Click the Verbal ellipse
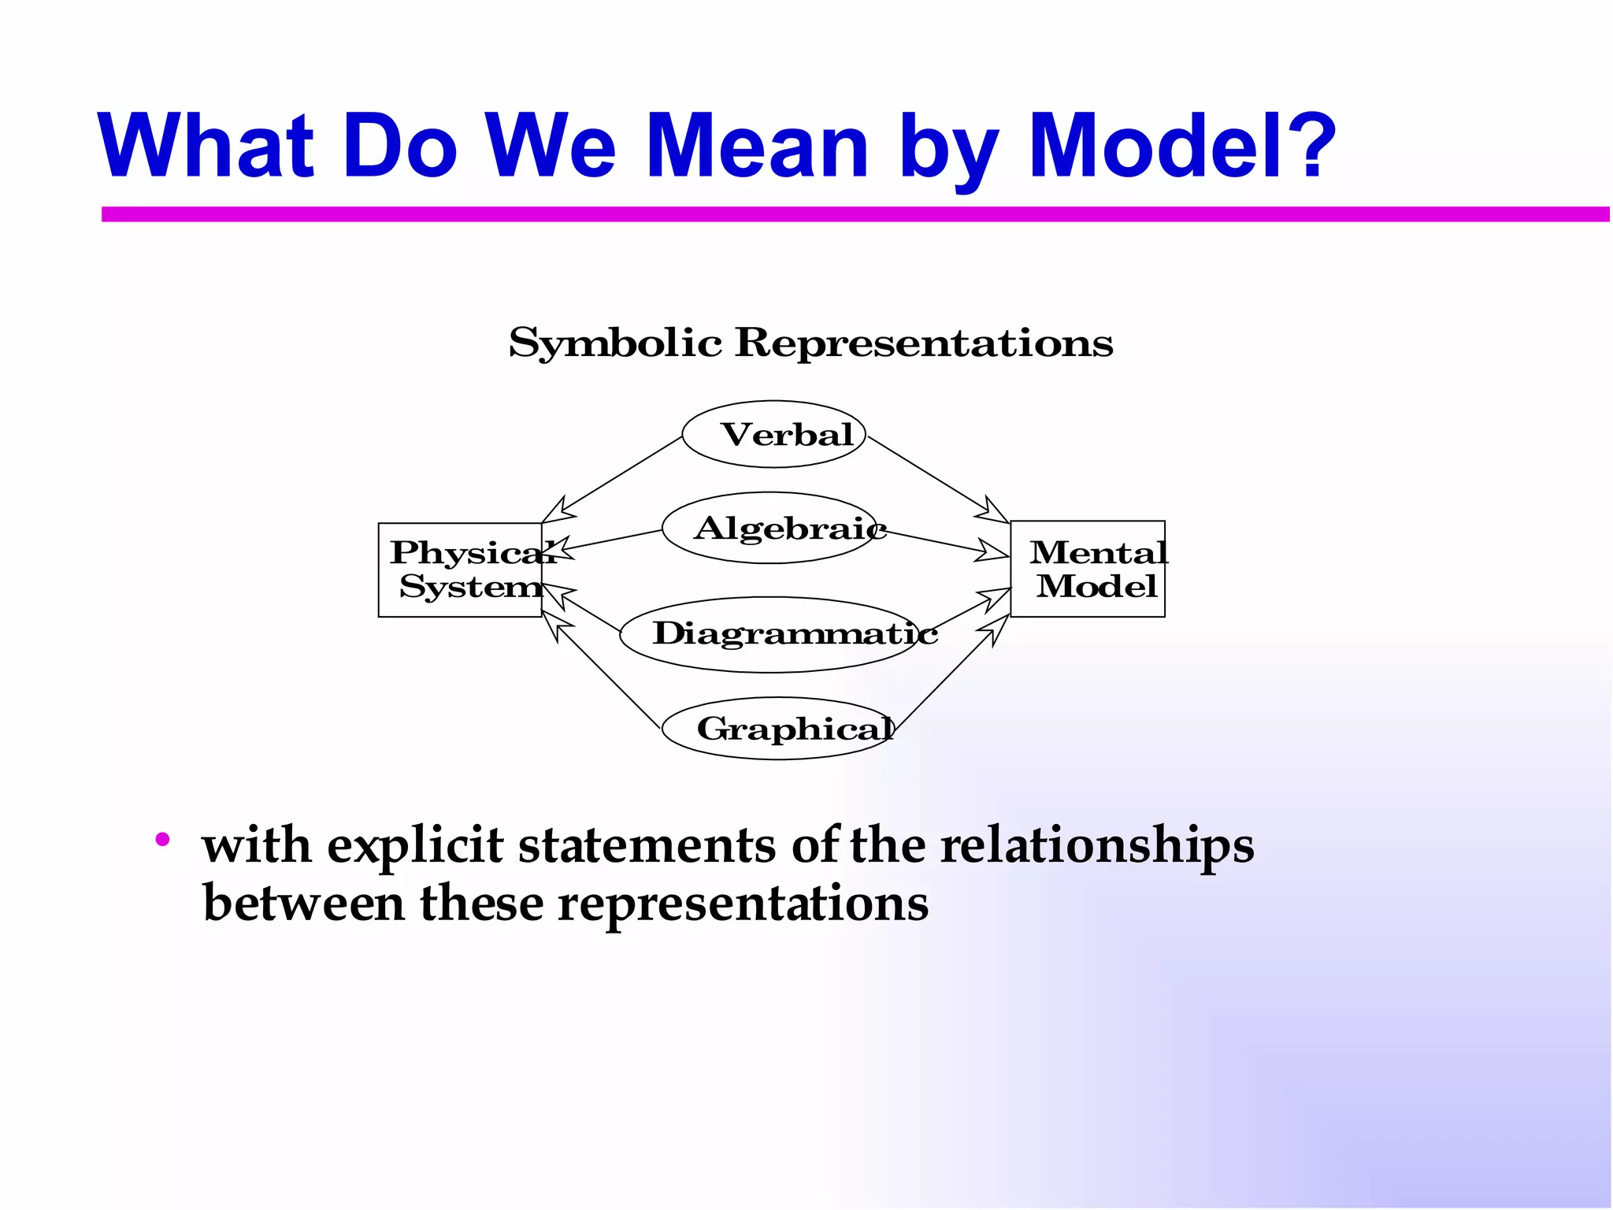[773, 434]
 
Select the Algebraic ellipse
[770, 528]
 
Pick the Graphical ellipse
[778, 729]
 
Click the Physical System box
[460, 570]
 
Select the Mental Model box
[1088, 569]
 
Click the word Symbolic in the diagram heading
[615, 343]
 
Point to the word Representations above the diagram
[924, 343]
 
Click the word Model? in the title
[1181, 146]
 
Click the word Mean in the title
[757, 146]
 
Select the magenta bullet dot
[163, 840]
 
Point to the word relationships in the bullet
[1096, 845]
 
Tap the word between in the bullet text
[303, 903]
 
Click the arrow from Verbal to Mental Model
[937, 479]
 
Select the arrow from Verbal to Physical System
[622, 475]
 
